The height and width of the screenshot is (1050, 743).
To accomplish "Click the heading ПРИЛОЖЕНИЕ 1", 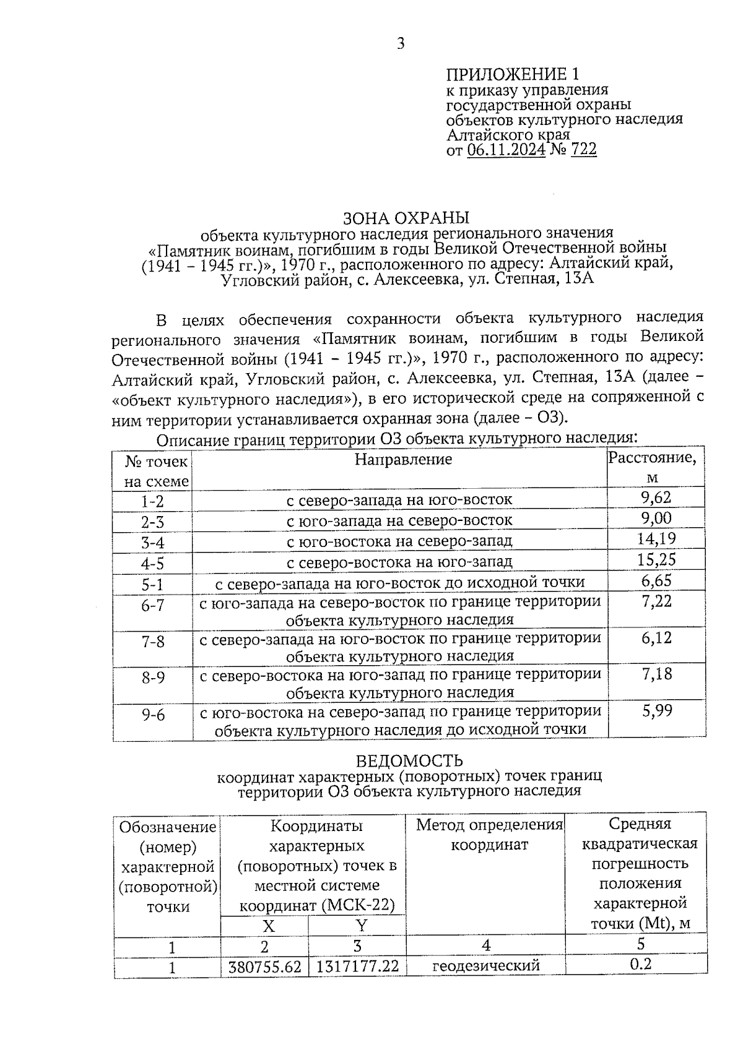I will coord(513,75).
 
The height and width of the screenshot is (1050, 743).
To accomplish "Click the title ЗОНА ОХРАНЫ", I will coord(406,218).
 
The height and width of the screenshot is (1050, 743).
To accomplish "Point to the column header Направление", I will coord(403,459).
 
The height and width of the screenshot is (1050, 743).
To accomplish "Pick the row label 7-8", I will coord(152,642).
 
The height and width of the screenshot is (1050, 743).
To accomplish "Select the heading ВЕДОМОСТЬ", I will coord(409,760).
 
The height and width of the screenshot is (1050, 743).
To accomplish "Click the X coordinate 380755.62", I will coord(264,966).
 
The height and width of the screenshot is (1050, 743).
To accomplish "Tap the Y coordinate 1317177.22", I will coord(357,966).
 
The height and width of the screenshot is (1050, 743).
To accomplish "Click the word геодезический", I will coord(485,965).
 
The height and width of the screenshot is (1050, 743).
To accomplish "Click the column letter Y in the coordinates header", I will coord(362,926).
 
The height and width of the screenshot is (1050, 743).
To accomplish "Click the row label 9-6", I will coord(152,715).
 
